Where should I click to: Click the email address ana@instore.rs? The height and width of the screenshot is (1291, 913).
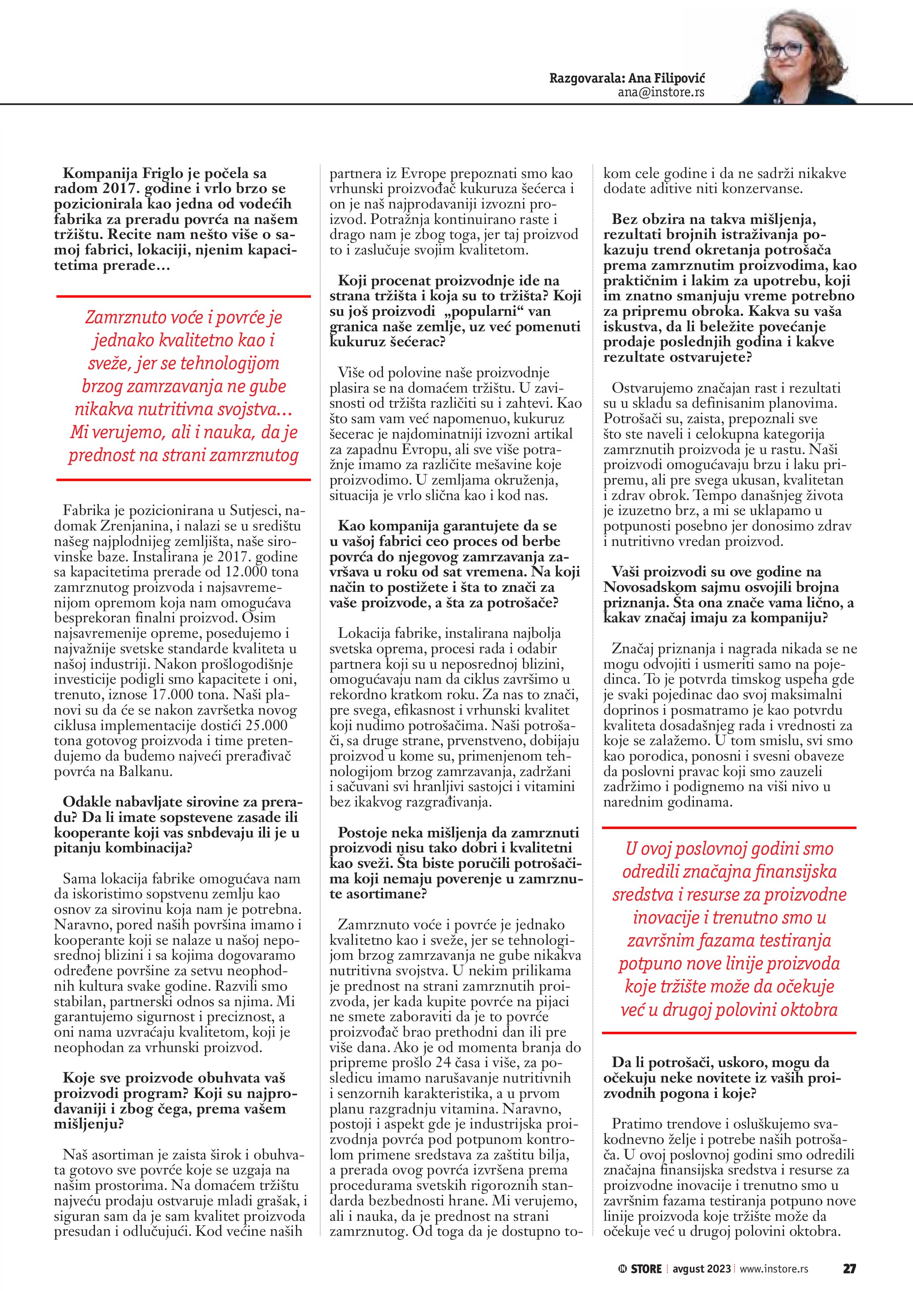pyautogui.click(x=661, y=93)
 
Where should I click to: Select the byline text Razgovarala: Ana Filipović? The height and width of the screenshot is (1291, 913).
pyautogui.click(x=627, y=78)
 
